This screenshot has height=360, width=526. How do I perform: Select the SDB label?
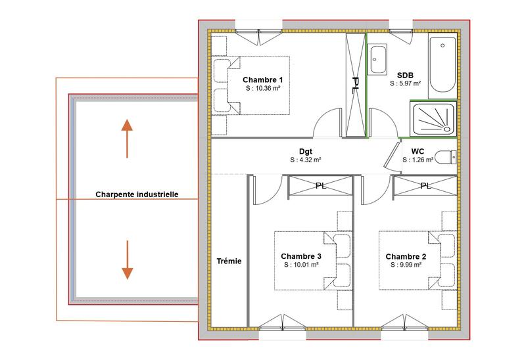[x=405, y=75]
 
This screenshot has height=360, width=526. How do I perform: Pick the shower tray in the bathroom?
[x=432, y=119]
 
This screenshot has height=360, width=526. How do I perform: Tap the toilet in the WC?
[x=447, y=157]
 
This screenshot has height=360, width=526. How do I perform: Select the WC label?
[x=418, y=151]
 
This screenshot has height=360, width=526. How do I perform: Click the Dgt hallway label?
[x=305, y=150]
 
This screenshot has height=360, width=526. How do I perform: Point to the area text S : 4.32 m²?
[x=305, y=160]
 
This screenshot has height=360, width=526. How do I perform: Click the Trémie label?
[x=229, y=261]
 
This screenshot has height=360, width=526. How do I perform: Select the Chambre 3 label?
[x=300, y=256]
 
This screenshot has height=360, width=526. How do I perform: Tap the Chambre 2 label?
[x=406, y=256]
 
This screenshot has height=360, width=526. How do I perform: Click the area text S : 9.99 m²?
[x=406, y=265]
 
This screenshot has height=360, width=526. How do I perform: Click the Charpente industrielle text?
[x=137, y=194]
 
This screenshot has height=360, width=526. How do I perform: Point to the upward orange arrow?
[x=127, y=138]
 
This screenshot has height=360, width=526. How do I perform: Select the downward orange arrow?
[x=127, y=260]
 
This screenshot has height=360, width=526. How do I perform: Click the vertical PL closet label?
[x=355, y=86]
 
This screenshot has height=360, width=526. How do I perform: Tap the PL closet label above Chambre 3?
[x=322, y=186]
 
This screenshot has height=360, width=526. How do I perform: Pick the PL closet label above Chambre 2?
[x=425, y=186]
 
